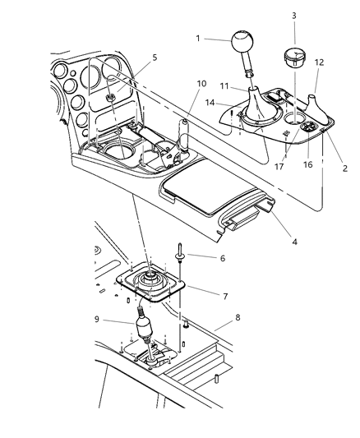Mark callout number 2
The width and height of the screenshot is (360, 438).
point(344,168)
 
